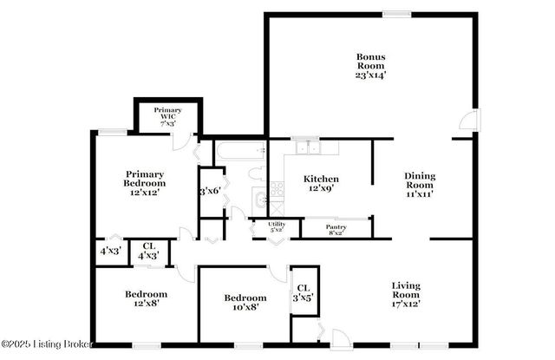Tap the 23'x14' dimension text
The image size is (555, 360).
tap(370, 75)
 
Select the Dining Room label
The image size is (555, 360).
tap(420, 180)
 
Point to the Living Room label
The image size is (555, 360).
tap(406, 291)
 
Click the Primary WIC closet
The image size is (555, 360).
tap(167, 116)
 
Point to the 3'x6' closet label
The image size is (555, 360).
tap(210, 191)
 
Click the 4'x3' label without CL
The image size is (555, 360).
tap(109, 252)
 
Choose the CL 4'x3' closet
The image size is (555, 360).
tap(149, 251)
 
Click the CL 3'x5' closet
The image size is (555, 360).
tap(303, 293)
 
